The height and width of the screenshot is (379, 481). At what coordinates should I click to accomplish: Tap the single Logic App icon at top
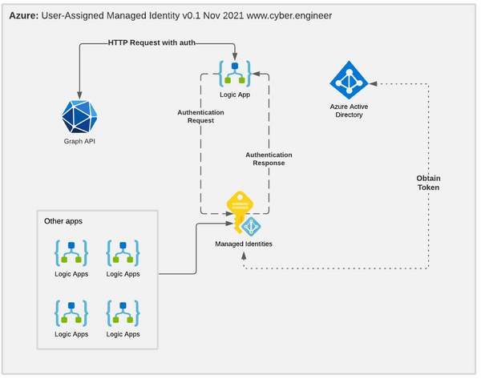click(x=233, y=73)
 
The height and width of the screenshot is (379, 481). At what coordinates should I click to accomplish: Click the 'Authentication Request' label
click(x=201, y=117)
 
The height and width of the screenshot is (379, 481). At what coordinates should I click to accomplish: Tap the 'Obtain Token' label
click(x=428, y=182)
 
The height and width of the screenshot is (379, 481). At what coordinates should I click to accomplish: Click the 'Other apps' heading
click(x=63, y=221)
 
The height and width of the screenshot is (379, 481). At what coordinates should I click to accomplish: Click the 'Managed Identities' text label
click(x=243, y=244)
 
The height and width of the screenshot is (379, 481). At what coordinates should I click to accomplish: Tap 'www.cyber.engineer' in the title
click(x=282, y=14)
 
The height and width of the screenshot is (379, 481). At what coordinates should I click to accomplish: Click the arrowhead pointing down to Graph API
click(x=79, y=92)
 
